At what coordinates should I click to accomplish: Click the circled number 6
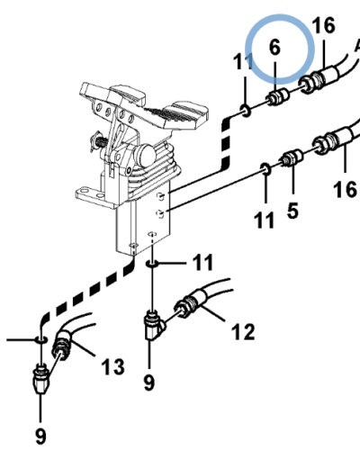pyautogui.click(x=274, y=48)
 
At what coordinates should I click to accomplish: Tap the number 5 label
pyautogui.click(x=292, y=211)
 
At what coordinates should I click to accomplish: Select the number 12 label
pyautogui.click(x=243, y=331)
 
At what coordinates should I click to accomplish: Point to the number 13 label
pyautogui.click(x=112, y=366)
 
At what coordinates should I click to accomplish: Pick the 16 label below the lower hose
pyautogui.click(x=345, y=190)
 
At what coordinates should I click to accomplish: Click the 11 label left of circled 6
pyautogui.click(x=243, y=61)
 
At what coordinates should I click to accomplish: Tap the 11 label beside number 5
pyautogui.click(x=264, y=220)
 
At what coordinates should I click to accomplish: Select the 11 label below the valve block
pyautogui.click(x=202, y=263)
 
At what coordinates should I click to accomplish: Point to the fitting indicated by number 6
pyautogui.click(x=277, y=96)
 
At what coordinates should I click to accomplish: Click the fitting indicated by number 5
pyautogui.click(x=292, y=157)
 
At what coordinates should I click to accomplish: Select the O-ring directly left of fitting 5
pyautogui.click(x=265, y=168)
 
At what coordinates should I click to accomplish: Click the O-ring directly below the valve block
pyautogui.click(x=152, y=264)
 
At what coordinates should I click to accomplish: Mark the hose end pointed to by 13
pyautogui.click(x=62, y=344)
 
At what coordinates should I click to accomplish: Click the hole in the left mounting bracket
pyautogui.click(x=85, y=190)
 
